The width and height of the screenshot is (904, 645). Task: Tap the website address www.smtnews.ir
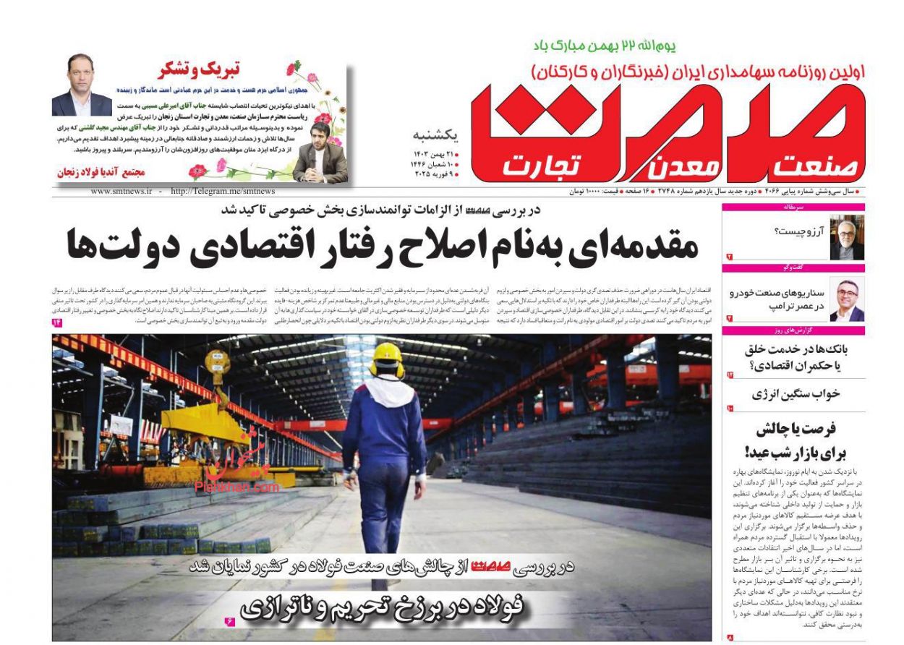tap(121, 192)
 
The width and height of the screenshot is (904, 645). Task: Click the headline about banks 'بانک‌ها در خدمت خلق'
tap(795, 357)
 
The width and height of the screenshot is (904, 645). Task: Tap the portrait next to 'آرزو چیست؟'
tap(846, 237)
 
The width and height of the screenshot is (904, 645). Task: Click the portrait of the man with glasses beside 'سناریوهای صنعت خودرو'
tap(846, 299)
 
